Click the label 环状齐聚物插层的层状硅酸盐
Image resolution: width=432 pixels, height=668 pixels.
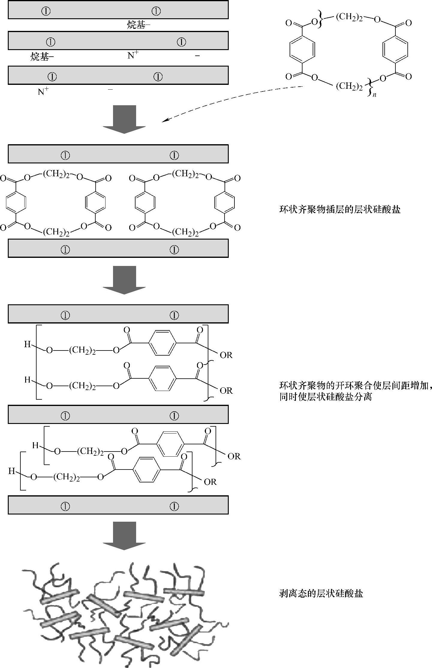[340, 209]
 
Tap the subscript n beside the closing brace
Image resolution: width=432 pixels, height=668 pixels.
[374, 95]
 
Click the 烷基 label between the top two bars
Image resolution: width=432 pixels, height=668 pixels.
[138, 25]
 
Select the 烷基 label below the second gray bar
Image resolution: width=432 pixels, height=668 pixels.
[42, 57]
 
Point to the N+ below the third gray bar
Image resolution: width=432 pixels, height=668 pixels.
[43, 91]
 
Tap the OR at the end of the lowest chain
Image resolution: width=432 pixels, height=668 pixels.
[210, 482]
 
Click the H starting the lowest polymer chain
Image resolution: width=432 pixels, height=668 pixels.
[11, 471]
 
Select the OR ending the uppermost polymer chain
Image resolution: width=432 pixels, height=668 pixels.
[226, 355]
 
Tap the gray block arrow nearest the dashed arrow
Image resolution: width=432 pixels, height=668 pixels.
[124, 119]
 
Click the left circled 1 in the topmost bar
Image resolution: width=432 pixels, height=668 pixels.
[46, 11]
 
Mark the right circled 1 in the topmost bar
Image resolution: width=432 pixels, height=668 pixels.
[156, 11]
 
